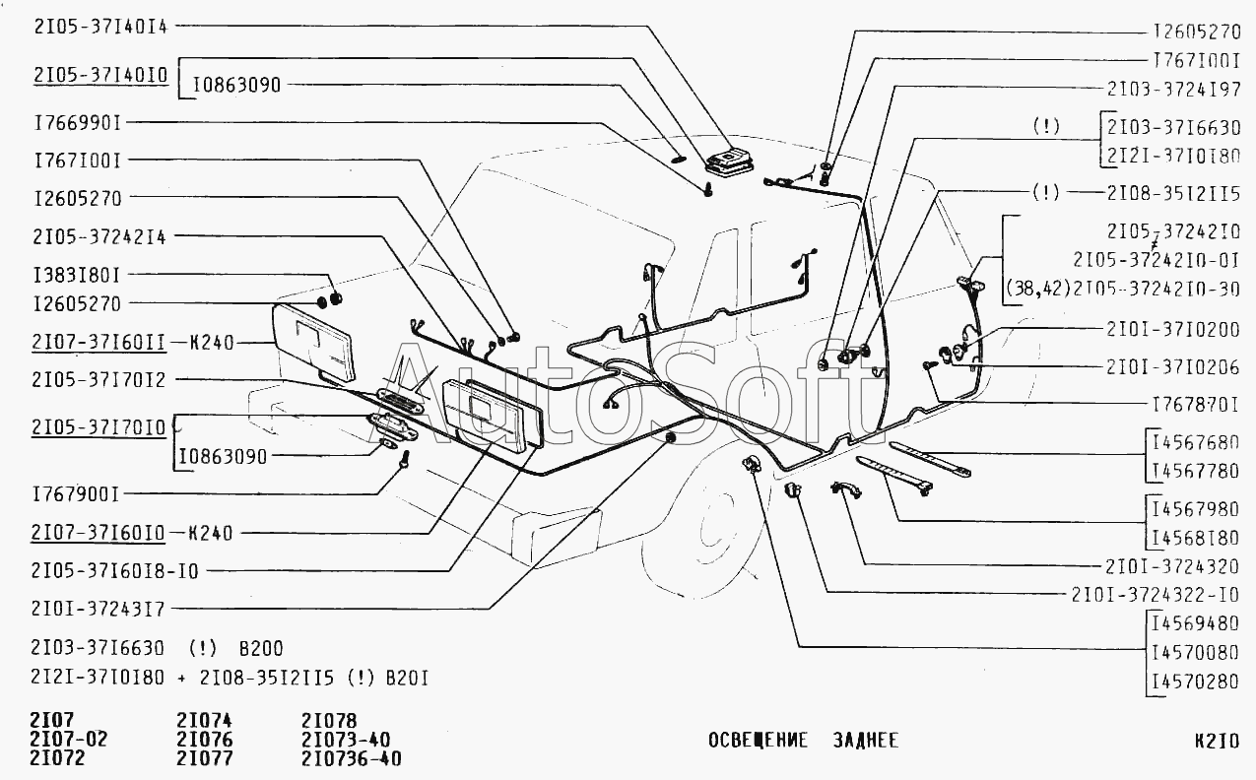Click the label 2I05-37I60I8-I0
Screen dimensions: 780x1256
click(114, 569)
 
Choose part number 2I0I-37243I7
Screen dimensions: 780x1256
click(99, 609)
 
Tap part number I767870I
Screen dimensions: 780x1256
click(1195, 404)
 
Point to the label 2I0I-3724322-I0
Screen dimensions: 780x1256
click(1156, 594)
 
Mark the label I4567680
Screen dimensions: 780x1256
click(1195, 441)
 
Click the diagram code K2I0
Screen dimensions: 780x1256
click(1216, 741)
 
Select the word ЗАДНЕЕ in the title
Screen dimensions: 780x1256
click(864, 741)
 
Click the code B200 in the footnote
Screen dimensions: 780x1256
click(261, 648)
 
